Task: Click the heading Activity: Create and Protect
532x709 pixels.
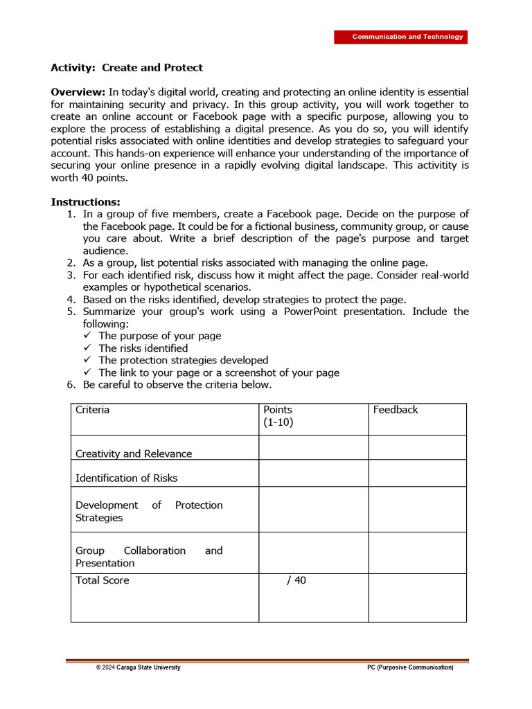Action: point(127,68)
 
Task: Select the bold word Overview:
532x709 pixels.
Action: point(78,92)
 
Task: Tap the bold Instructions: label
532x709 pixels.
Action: point(85,202)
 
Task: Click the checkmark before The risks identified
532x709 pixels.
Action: point(87,348)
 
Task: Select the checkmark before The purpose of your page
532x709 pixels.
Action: point(87,336)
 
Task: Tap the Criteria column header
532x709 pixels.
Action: point(92,410)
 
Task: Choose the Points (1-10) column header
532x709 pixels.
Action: point(278,415)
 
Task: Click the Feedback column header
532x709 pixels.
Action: point(396,410)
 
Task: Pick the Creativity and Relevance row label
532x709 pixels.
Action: point(134,454)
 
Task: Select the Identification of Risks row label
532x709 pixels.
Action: point(126,478)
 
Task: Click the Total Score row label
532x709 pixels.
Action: point(102,580)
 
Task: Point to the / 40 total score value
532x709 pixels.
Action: point(296,580)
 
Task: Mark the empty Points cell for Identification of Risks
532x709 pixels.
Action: point(313,473)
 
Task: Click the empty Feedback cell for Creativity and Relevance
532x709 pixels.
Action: point(417,447)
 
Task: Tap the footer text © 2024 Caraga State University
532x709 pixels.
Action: point(138,667)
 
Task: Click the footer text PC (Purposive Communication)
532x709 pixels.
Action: point(410,667)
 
